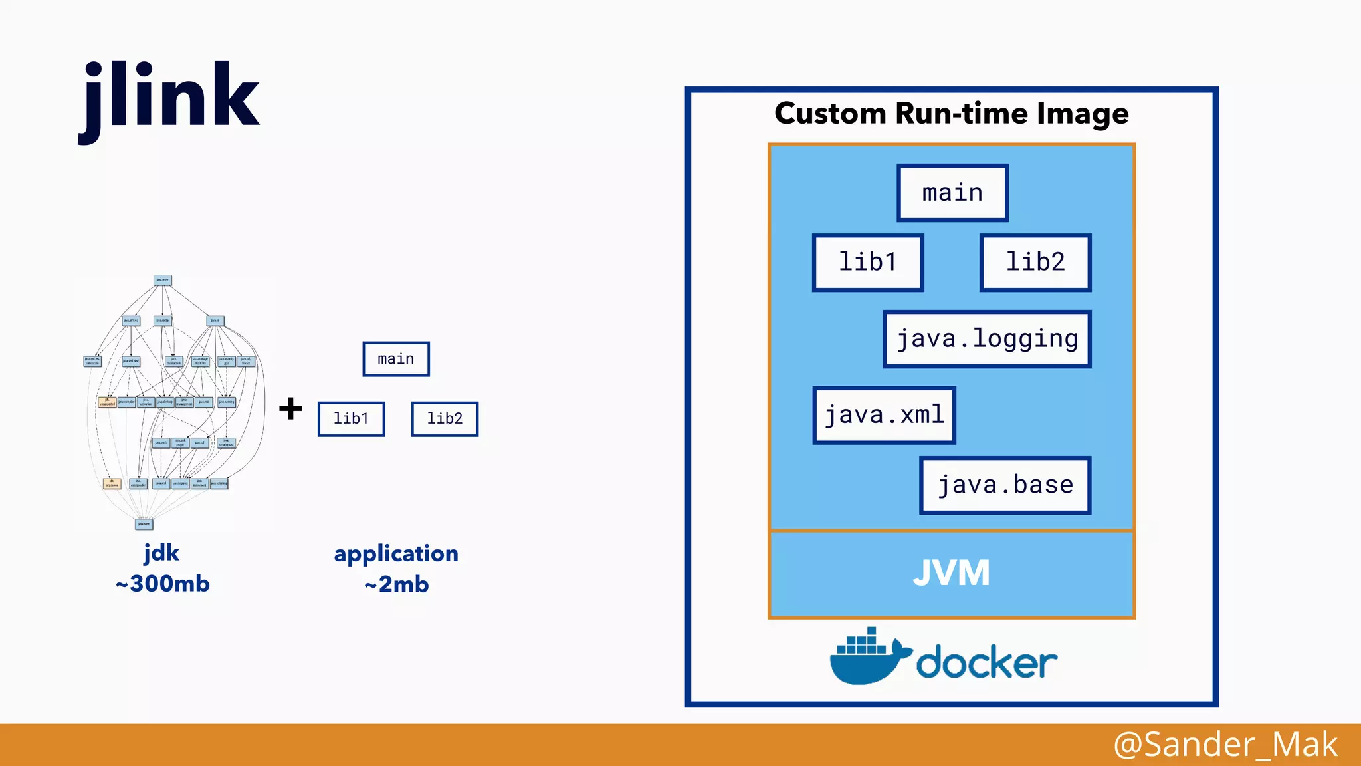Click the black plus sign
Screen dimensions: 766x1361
[x=290, y=408]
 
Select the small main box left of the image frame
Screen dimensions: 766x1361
[x=396, y=359]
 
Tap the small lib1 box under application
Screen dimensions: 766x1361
[x=351, y=419]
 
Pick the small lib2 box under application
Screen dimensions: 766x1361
[x=445, y=419]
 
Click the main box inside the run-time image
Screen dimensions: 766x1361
[x=952, y=193]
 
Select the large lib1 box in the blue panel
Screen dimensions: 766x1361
[x=868, y=263]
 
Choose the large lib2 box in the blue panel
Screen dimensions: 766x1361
[x=1035, y=263]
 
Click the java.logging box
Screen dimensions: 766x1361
[x=987, y=339]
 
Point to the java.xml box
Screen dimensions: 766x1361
[x=884, y=416]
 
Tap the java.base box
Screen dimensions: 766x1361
[x=1005, y=485]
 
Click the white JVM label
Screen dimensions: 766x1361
[x=951, y=573]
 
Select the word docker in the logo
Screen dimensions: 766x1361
[x=986, y=662]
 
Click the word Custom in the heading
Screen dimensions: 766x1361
[x=830, y=114]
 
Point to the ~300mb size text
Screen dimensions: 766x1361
[x=163, y=584]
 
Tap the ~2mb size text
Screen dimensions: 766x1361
[x=397, y=585]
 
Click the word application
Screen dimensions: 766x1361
[x=396, y=554]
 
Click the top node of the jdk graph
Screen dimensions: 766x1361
[x=162, y=281]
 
